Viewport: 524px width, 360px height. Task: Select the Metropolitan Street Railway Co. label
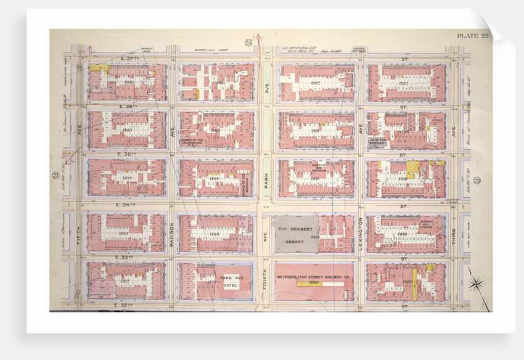(314, 277)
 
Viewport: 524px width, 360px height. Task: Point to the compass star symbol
(476, 284)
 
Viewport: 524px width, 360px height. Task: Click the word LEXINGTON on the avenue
(359, 234)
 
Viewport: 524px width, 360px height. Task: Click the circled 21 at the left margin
(55, 176)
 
